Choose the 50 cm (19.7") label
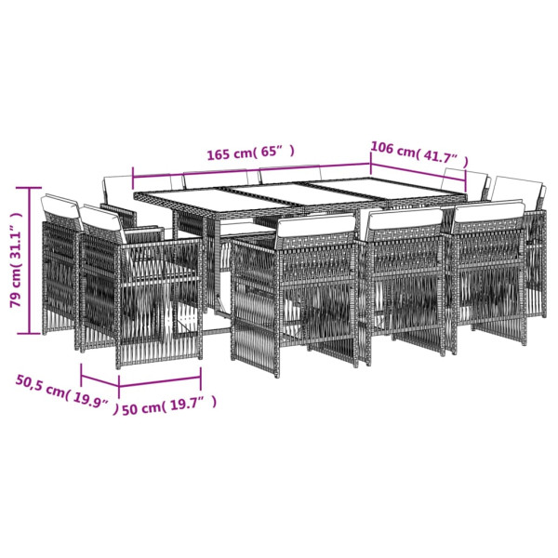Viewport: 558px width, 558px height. tap(169, 404)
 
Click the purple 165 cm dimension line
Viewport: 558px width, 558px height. tap(246, 167)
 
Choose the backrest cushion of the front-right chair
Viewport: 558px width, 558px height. tap(490, 212)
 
